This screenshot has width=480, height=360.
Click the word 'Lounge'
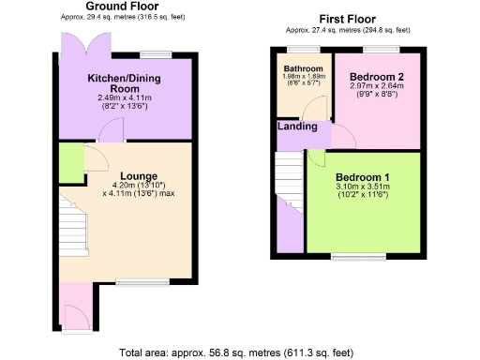(138, 174)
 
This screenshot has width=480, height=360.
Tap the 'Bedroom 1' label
(361, 178)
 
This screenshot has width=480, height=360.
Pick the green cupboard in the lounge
(70, 160)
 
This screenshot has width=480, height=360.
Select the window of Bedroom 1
(358, 254)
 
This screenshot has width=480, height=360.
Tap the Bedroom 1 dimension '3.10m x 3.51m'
(361, 188)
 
